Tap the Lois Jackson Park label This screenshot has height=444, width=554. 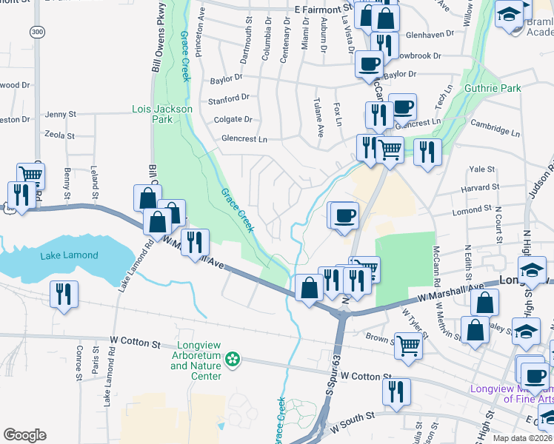(161, 114)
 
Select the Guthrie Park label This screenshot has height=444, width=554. (493, 88)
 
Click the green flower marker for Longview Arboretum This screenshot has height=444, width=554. (233, 360)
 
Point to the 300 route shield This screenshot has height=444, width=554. (37, 32)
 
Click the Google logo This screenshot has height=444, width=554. (24, 434)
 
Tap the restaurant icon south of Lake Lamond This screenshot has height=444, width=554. (62, 295)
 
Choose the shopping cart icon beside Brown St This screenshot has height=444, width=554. (409, 345)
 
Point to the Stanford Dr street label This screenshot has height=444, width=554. (229, 98)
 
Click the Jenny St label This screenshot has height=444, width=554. (61, 115)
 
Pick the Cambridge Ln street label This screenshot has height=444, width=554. (495, 129)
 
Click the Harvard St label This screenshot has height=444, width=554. (481, 188)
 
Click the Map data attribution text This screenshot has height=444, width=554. (523, 438)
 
